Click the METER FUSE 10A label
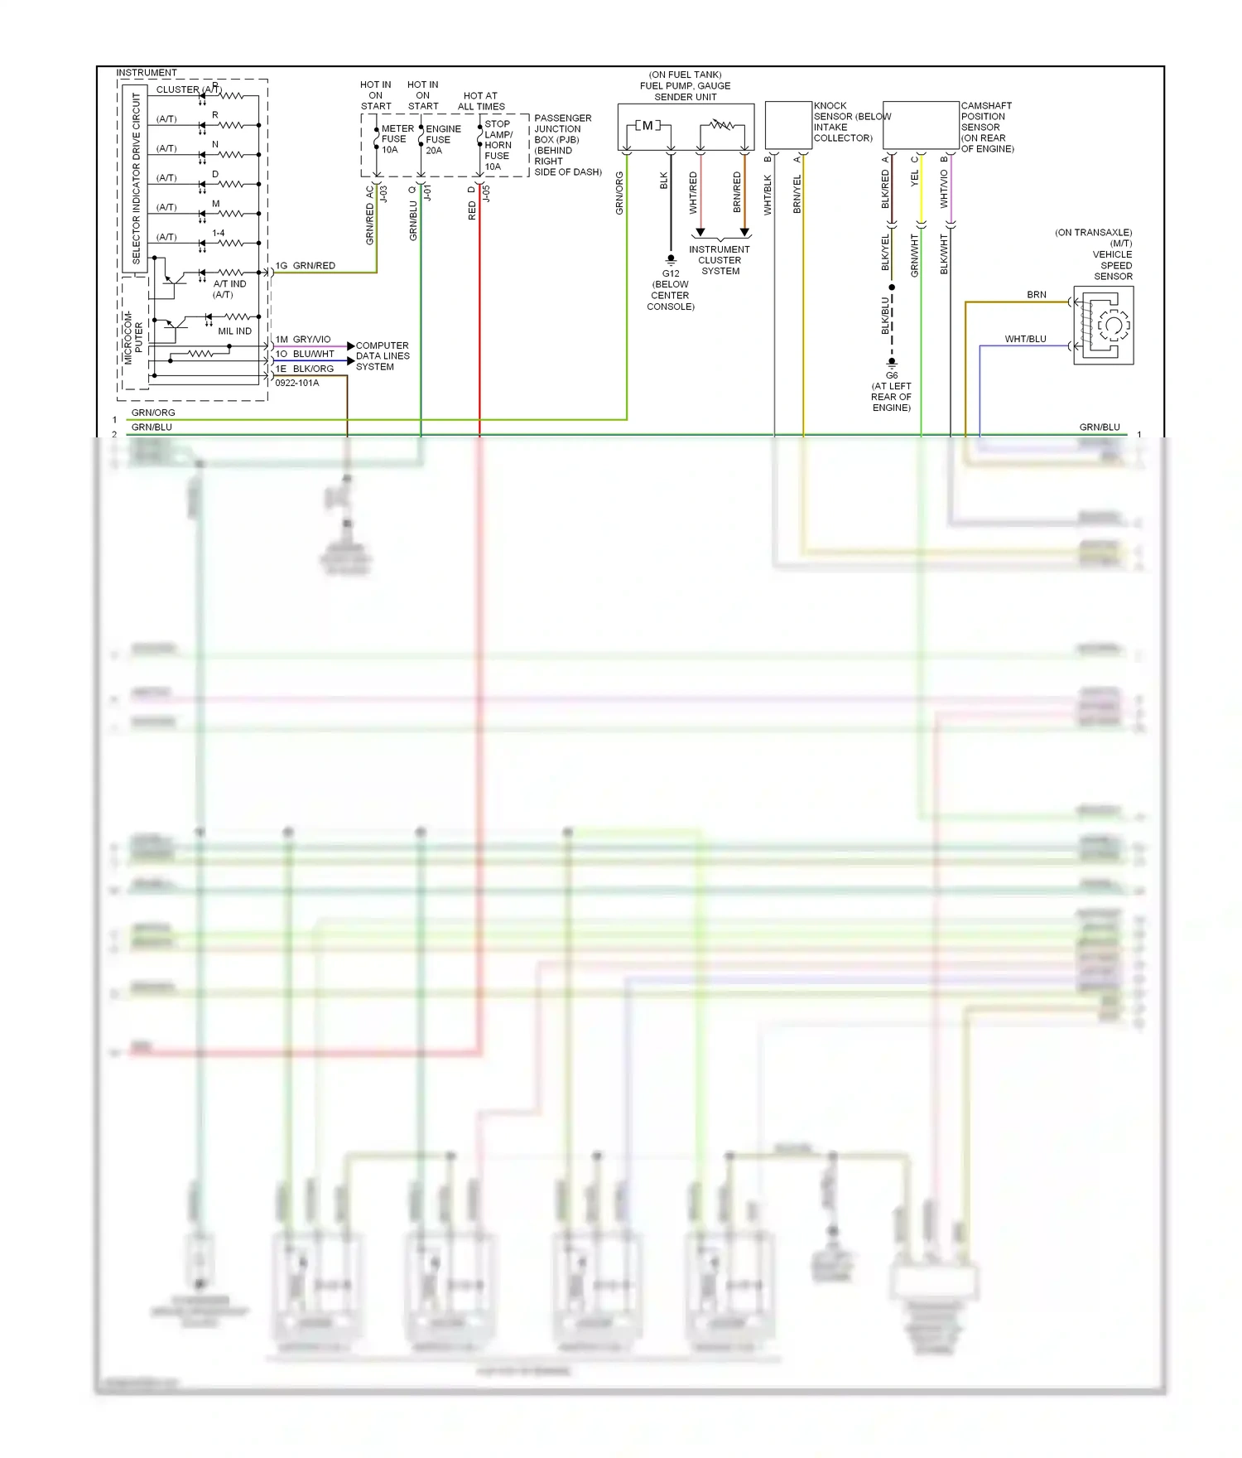click(x=396, y=139)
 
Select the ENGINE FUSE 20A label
click(x=441, y=139)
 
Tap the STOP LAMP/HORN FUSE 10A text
click(x=498, y=145)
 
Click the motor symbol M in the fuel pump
click(x=647, y=126)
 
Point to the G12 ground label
click(x=671, y=273)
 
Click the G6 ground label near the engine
click(x=892, y=375)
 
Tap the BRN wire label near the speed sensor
click(x=1037, y=295)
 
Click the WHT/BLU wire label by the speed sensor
click(x=1025, y=339)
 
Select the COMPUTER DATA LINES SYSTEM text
click(x=382, y=356)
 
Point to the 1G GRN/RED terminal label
click(x=306, y=266)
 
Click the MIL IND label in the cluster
click(x=234, y=331)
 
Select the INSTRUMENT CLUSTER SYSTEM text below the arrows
click(x=720, y=260)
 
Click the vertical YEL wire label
click(x=915, y=179)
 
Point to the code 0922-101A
click(x=296, y=383)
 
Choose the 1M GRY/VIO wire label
click(x=303, y=340)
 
